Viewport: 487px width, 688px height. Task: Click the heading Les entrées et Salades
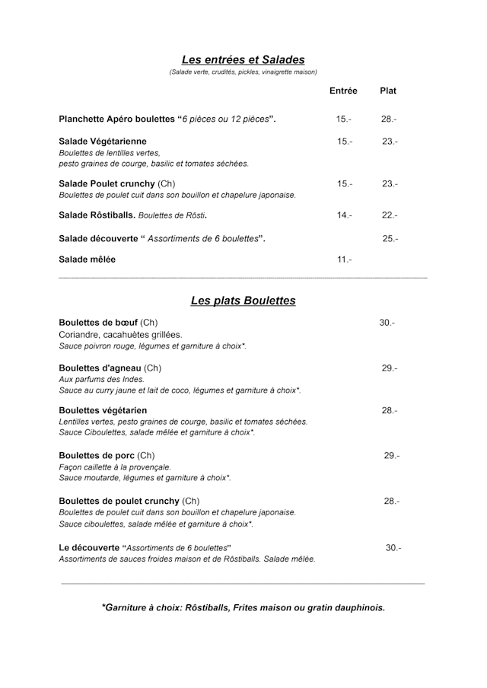(243, 59)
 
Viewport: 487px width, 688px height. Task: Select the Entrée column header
(343, 91)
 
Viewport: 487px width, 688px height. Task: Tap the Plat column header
(388, 91)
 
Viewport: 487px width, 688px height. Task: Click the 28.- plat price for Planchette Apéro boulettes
(389, 119)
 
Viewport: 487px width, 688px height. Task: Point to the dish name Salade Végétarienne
(103, 142)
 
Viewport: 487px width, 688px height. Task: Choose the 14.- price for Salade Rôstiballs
(345, 215)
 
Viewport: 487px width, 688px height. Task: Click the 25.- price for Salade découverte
(390, 239)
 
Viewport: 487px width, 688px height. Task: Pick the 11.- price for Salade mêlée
(345, 260)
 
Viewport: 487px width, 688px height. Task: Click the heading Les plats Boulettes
(243, 301)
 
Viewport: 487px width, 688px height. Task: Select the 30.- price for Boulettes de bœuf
(387, 323)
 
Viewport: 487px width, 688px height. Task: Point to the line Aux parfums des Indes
(101, 379)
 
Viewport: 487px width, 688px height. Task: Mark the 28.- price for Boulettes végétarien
(390, 411)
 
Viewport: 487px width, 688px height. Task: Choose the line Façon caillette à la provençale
(115, 467)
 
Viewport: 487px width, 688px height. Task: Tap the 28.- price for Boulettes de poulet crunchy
(392, 502)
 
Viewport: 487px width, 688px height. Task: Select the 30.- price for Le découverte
(393, 548)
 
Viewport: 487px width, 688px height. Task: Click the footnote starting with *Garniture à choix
(243, 607)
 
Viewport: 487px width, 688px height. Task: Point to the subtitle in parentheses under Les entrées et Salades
(243, 72)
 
